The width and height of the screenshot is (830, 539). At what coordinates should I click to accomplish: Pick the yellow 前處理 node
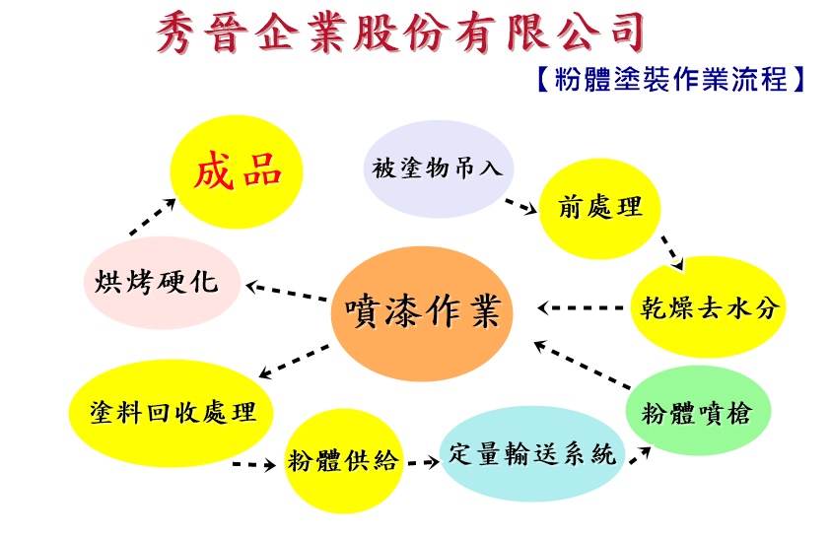pos(598,208)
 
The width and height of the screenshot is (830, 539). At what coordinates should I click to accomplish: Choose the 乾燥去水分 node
pos(706,306)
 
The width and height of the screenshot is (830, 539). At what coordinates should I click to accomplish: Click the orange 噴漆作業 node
pos(421,313)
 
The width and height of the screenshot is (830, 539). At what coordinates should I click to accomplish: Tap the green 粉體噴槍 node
pos(695,411)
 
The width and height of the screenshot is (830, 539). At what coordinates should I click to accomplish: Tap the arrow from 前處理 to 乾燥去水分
pos(672,251)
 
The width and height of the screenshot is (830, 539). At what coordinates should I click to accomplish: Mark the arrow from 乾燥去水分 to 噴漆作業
pos(582,307)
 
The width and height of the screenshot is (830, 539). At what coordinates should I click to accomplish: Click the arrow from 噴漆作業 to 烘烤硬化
pos(287,292)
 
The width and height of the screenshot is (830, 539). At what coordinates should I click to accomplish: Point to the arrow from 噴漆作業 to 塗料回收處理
pos(295,361)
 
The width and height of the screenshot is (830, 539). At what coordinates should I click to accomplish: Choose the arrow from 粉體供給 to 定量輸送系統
pos(422,459)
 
